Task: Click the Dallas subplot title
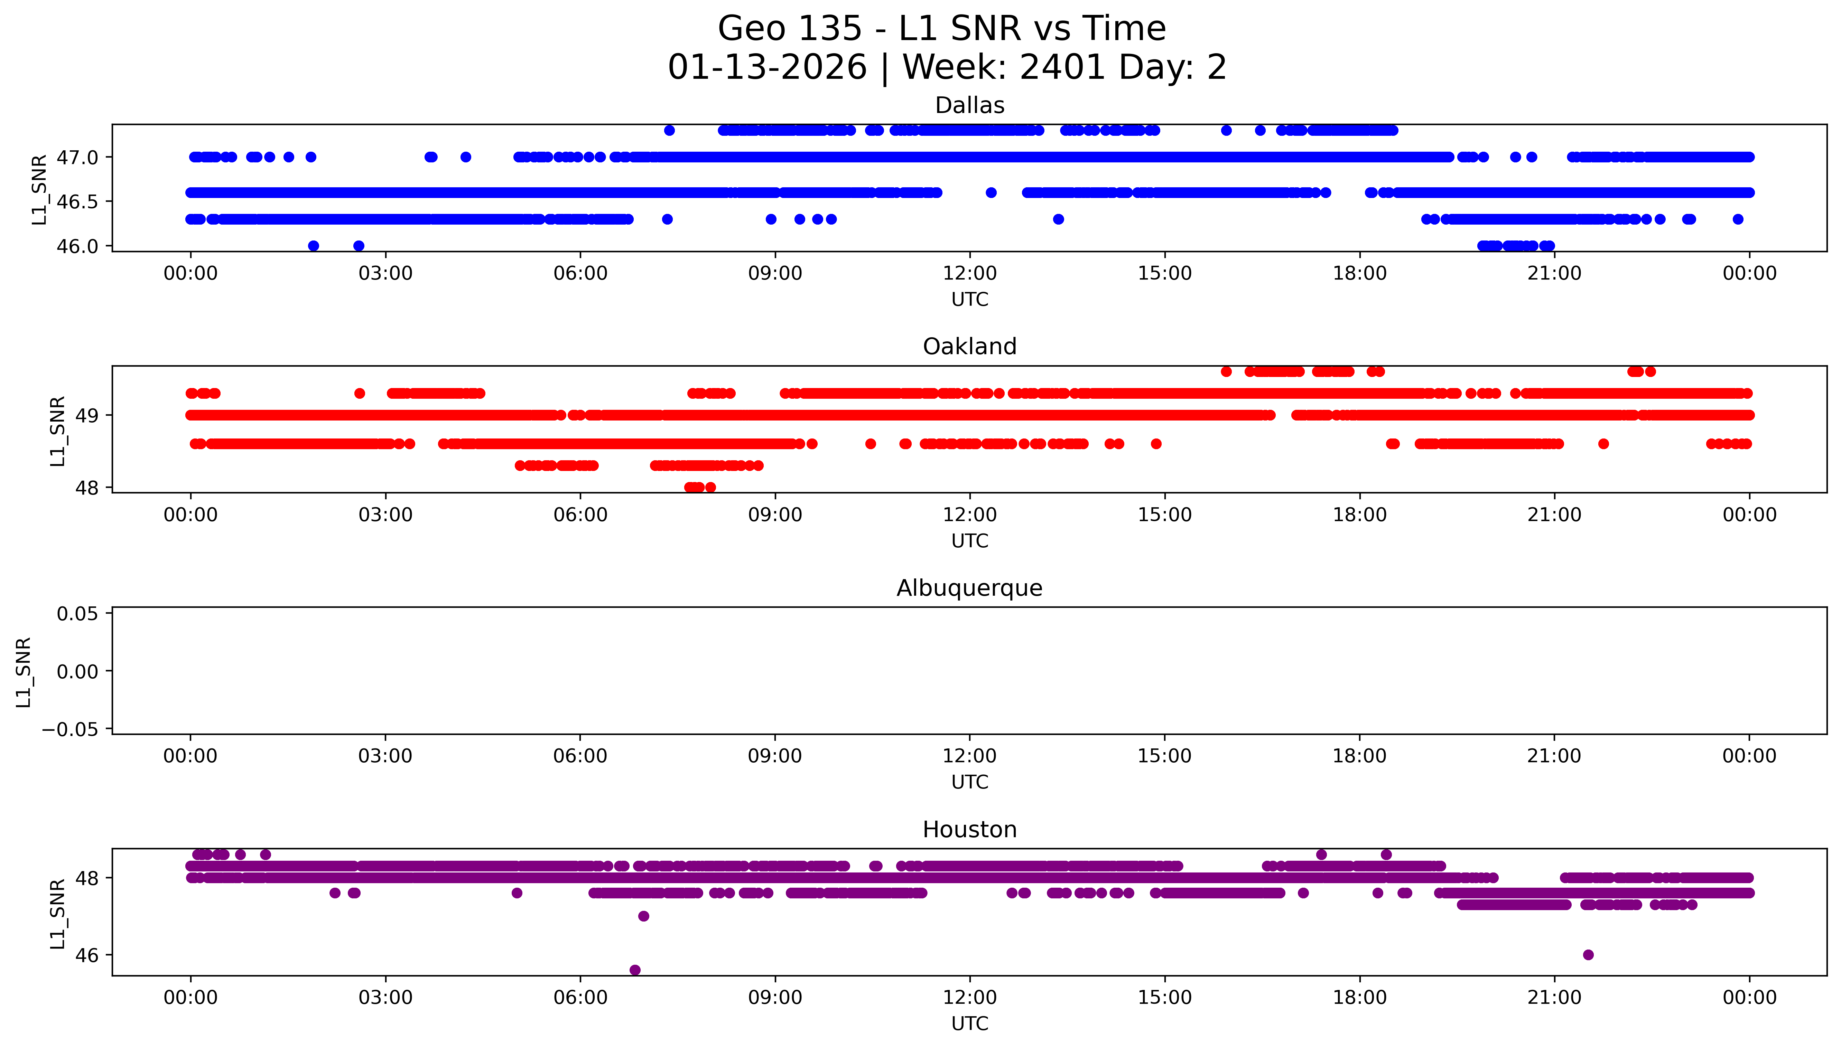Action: tap(969, 106)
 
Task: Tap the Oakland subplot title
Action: tap(969, 347)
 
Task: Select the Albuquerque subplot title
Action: tap(969, 589)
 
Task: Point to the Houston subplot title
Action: tap(969, 830)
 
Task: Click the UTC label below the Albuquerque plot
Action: tap(969, 782)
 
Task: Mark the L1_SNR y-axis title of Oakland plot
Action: tap(58, 431)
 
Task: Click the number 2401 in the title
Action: tap(1062, 68)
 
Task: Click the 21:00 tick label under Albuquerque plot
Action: tap(1554, 756)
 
